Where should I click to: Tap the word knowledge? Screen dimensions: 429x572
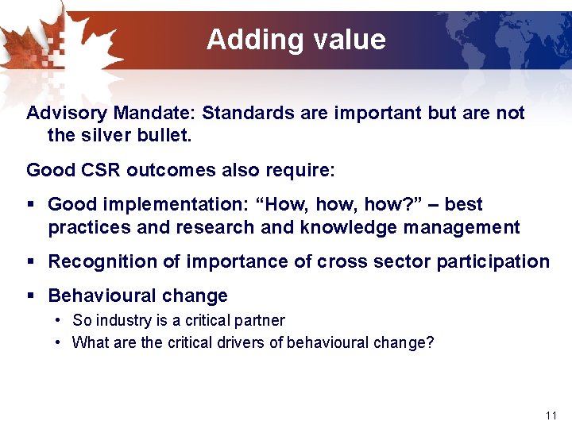tap(345, 227)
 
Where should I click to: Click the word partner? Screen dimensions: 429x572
tap(259, 320)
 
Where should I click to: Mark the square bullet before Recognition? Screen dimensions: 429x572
tap(31, 262)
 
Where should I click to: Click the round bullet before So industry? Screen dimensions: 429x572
tap(60, 321)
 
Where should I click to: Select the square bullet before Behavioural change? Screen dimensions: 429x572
tap(31, 296)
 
